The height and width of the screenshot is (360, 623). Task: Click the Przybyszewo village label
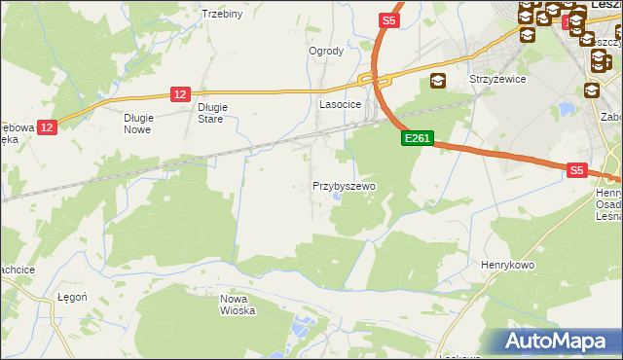pos(344,185)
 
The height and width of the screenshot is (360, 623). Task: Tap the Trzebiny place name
pos(221,14)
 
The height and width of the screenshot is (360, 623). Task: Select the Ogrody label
pos(326,51)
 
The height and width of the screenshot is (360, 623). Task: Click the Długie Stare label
pos(211,113)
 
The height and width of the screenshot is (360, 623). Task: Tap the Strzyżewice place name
pos(497,80)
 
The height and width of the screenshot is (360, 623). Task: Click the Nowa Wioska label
pos(237,305)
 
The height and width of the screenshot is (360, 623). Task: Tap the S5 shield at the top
pos(389,20)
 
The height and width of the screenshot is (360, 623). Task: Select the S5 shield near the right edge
pos(577,170)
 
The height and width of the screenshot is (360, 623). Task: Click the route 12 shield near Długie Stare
pos(179,93)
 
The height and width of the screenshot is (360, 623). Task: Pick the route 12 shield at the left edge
pos(49,126)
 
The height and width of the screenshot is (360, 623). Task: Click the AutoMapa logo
pos(558,342)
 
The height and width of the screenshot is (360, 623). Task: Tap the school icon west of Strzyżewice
pos(437,81)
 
